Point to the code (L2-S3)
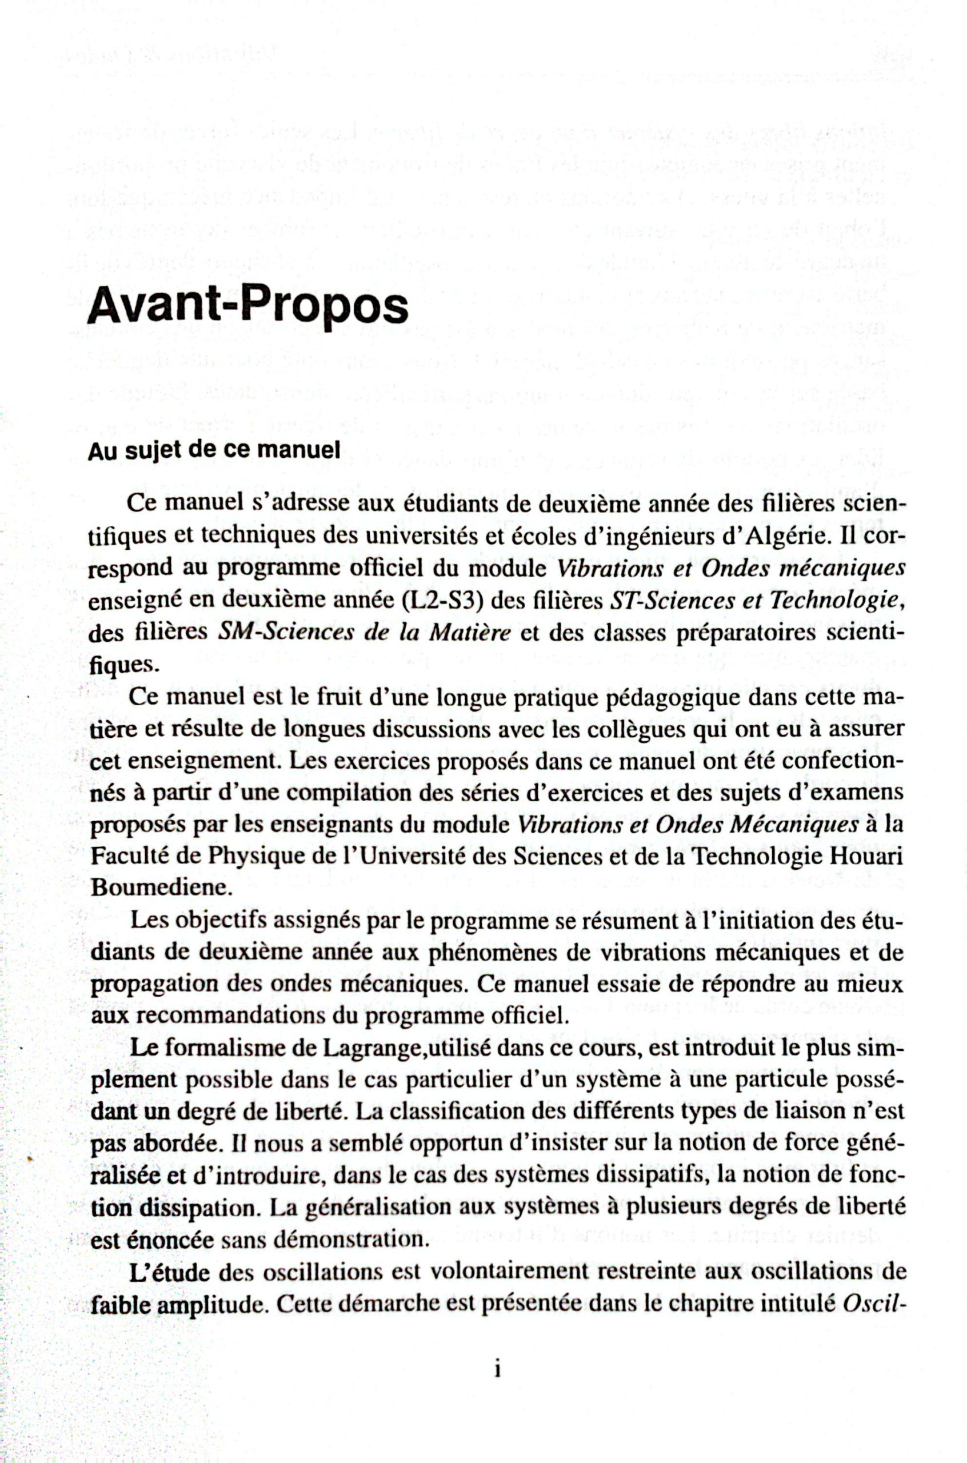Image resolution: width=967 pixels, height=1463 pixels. (x=446, y=600)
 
